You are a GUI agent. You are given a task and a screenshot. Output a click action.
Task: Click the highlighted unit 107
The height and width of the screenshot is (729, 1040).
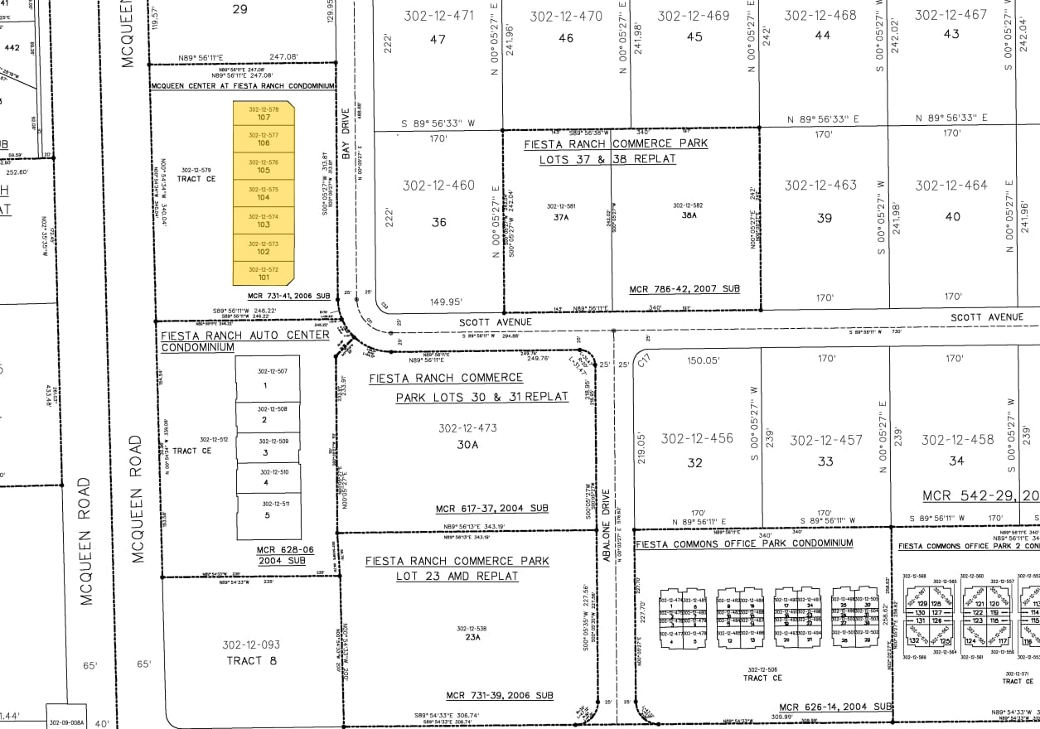pos(264,117)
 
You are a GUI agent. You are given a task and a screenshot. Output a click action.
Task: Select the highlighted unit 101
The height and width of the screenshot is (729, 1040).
pos(264,278)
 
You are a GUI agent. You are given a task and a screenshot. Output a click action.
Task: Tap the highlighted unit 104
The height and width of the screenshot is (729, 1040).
pos(264,197)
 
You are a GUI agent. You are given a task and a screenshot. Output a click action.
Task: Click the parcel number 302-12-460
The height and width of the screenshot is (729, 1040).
pos(438,186)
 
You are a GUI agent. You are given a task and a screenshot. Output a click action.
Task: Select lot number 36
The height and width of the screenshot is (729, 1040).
pos(439,222)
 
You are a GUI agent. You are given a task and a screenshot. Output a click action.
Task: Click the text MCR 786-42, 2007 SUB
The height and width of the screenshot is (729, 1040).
pos(684,289)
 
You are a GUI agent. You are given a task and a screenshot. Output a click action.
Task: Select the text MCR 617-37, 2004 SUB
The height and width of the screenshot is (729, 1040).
pos(491,509)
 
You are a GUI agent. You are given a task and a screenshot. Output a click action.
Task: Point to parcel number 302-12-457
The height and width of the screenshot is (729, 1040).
pos(825,441)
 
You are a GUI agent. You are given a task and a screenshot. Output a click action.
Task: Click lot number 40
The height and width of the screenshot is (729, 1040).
pos(953,217)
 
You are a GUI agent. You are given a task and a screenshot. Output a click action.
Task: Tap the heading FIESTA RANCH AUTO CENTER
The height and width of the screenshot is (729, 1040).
pos(244,336)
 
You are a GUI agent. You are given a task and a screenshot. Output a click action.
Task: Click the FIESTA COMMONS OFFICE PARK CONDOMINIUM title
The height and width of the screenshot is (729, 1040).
pos(743,543)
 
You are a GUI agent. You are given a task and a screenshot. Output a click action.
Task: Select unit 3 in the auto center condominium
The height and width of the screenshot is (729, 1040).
pos(265,453)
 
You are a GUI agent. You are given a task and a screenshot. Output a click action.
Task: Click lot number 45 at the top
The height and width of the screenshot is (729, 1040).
pos(694,36)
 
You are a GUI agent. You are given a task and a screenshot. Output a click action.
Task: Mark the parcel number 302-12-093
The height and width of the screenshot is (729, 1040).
pos(251,645)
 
